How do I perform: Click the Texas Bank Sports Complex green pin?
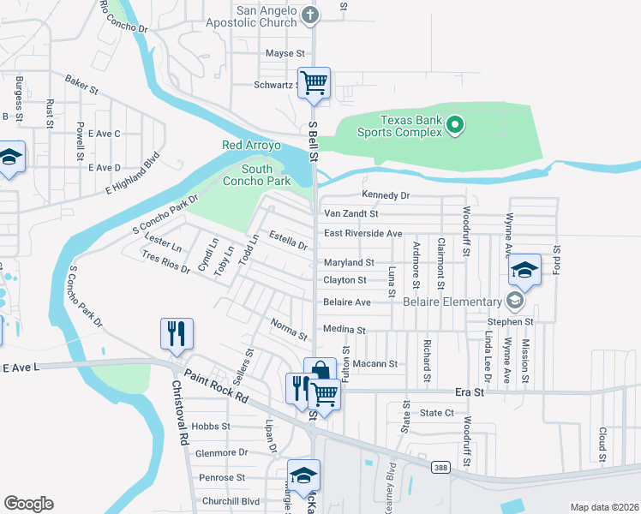(x=456, y=127)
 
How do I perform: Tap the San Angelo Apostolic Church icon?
(x=311, y=14)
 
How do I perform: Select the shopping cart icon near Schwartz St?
(x=315, y=84)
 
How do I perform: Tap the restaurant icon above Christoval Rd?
(x=177, y=334)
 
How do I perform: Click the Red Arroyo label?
(x=251, y=146)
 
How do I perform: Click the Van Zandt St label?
(x=350, y=212)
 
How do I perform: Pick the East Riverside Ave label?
(x=362, y=233)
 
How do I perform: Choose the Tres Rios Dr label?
(x=165, y=261)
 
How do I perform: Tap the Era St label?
(x=469, y=391)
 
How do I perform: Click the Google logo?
(x=28, y=504)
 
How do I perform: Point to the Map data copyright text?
(x=603, y=507)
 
